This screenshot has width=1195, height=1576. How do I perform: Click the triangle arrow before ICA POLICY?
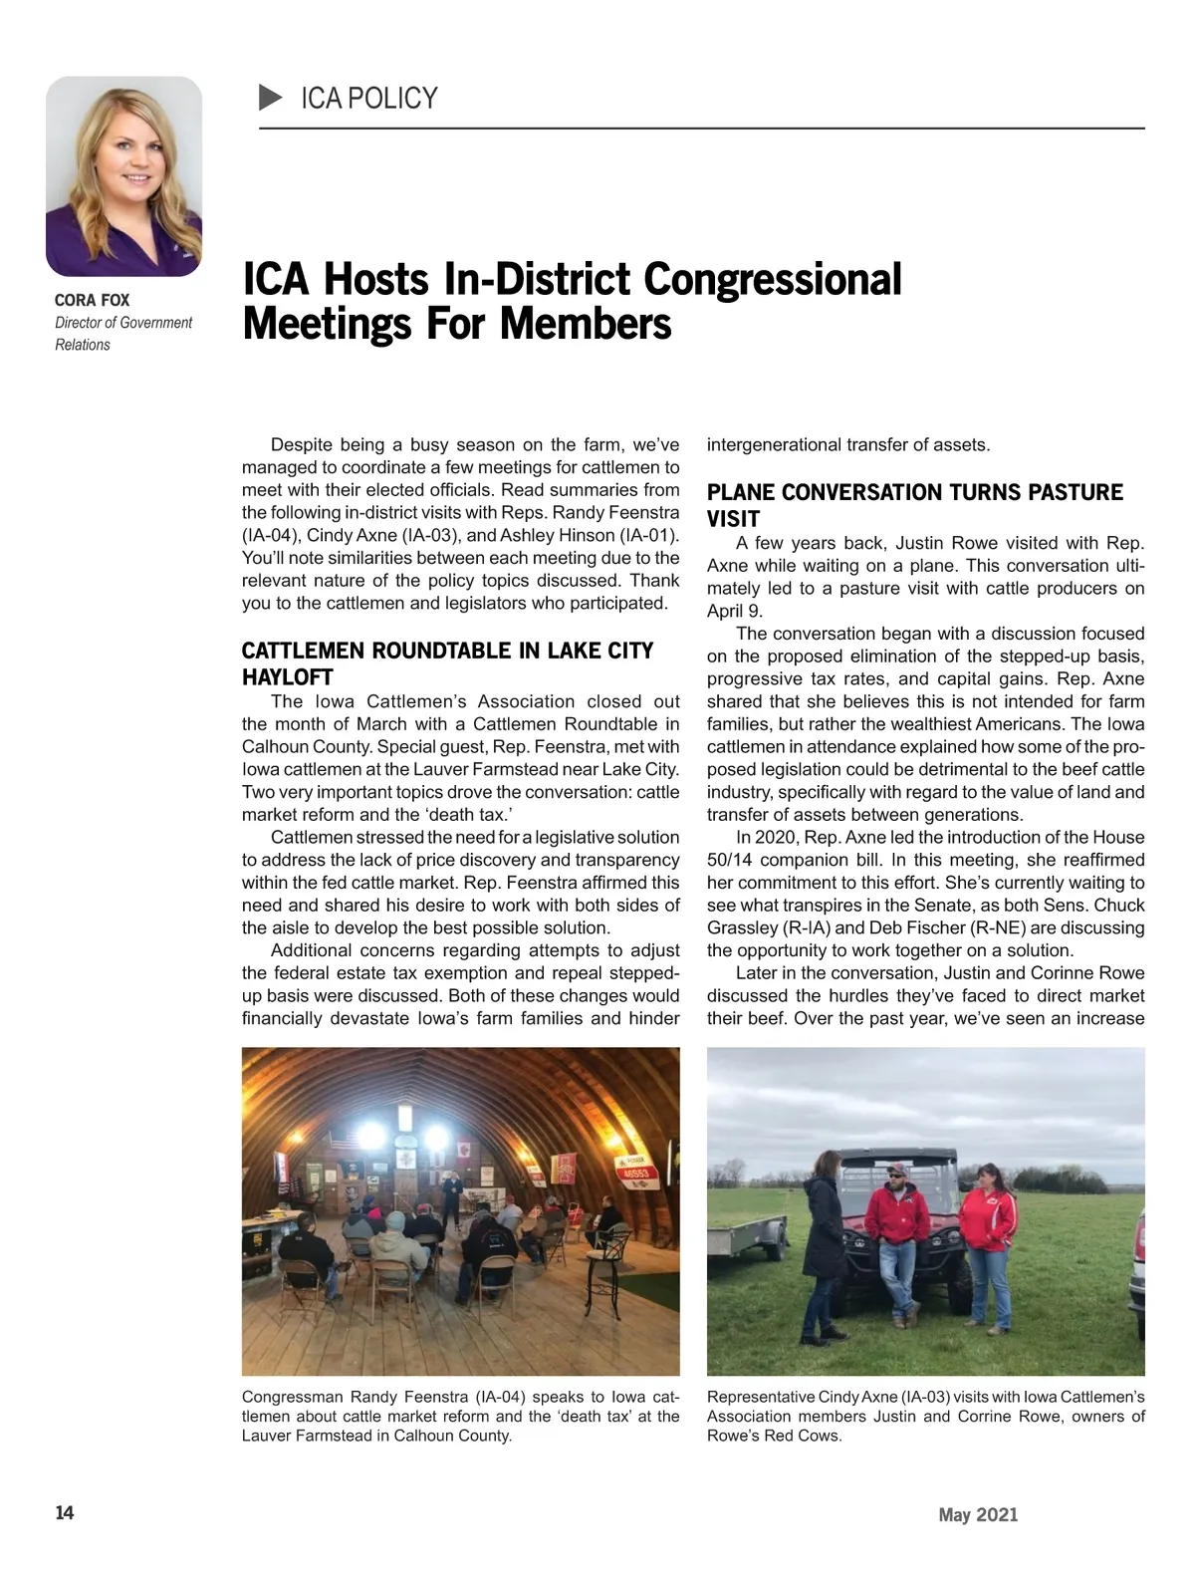pos(270,98)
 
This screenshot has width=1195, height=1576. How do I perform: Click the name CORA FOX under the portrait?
pos(92,300)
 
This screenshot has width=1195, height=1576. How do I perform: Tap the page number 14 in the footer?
pos(64,1513)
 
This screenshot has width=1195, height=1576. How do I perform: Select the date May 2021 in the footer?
pos(978,1515)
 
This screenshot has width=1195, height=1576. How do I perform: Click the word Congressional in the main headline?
pos(773,280)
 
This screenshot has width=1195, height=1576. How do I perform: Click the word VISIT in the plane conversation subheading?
pos(733,519)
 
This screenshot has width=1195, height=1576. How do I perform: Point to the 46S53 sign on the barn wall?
pos(634,1176)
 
